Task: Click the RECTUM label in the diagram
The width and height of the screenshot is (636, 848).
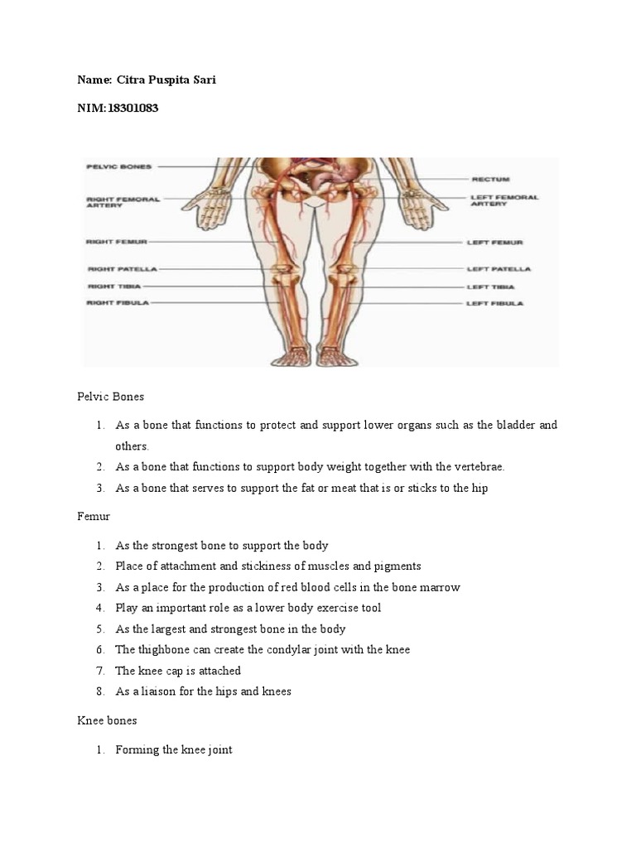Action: pos(490,179)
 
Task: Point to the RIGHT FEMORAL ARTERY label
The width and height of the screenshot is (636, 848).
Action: pos(123,202)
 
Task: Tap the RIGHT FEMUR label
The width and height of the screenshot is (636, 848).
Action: pos(116,242)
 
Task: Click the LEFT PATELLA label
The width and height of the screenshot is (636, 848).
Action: pos(499,269)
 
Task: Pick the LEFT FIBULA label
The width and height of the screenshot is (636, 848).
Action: pos(495,304)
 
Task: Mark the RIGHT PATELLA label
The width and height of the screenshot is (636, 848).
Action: pos(121,269)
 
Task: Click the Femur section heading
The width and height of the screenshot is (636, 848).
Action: pos(93,516)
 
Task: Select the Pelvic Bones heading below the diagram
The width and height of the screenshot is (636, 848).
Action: pos(110,397)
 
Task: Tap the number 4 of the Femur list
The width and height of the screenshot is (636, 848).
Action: pos(98,608)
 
